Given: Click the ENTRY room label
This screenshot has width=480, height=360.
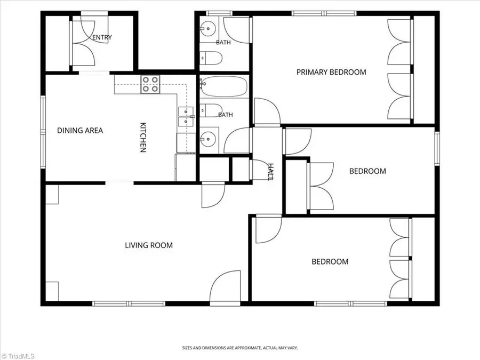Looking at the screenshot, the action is click(102, 37).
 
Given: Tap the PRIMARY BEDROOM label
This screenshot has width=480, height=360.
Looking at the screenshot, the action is click(331, 72).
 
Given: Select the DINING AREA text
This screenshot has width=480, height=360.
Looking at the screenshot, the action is click(80, 131).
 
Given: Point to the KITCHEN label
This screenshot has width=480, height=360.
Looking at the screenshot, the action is click(143, 137).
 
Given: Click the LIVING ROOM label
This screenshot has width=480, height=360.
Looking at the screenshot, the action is click(149, 245).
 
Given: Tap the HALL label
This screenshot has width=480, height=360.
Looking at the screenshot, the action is click(271, 172).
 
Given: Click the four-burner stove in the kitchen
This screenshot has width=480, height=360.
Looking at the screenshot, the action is click(150, 84).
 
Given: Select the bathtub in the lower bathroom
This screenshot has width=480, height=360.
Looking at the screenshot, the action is click(224, 86).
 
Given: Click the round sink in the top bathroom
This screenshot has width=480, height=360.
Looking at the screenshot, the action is click(209, 28).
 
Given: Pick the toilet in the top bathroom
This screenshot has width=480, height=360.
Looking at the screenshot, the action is click(211, 58).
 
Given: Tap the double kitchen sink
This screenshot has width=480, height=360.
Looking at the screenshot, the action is click(186, 117).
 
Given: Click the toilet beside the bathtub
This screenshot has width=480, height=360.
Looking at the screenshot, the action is click(211, 110).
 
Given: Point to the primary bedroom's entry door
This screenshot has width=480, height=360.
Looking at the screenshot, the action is click(267, 112).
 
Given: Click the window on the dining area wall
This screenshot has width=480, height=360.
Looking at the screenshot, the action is click(43, 132).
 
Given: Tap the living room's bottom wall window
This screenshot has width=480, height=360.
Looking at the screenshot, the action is click(129, 303).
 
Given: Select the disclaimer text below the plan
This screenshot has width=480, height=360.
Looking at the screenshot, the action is click(240, 348).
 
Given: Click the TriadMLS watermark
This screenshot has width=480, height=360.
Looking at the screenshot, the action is click(18, 356).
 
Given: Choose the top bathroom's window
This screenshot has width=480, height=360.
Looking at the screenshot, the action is click(219, 13).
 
